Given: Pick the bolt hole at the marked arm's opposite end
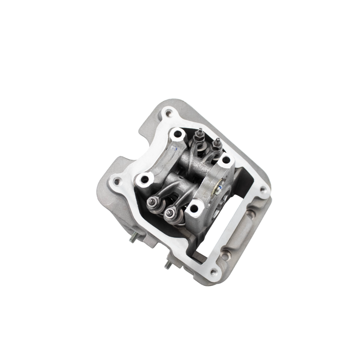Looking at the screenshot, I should point(144,179).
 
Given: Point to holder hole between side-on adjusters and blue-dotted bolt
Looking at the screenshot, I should point(226,160).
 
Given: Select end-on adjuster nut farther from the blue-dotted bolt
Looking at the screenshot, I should point(153,201).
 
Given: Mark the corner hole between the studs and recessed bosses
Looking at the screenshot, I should point(213,272).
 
